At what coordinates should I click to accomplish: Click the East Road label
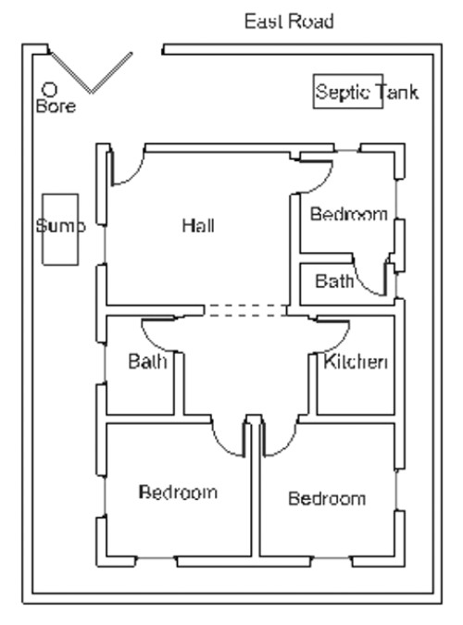(x=288, y=20)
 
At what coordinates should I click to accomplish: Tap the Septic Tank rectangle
(x=348, y=93)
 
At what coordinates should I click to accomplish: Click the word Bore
(x=55, y=106)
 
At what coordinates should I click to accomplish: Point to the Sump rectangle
(x=60, y=228)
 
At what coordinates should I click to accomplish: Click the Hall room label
(x=198, y=225)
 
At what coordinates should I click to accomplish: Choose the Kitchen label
(x=355, y=361)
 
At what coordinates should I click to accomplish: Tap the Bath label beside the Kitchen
(x=147, y=361)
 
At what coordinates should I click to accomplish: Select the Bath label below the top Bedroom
(x=334, y=281)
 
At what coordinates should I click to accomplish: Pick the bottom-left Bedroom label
(x=178, y=492)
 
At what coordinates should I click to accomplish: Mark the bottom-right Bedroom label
(x=326, y=499)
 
